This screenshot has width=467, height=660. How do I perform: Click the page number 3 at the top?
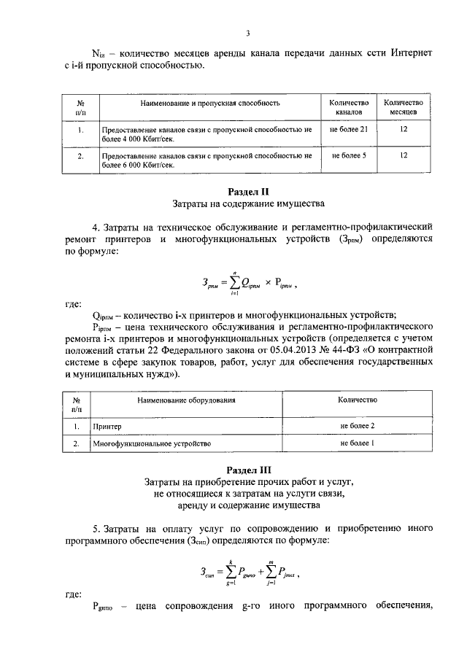point(247,33)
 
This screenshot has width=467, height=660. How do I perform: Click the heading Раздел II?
point(247,191)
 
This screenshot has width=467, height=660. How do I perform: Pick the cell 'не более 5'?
point(348,155)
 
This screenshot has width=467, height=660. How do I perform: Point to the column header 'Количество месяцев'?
point(403,108)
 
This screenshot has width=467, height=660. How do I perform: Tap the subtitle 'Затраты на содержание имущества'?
point(247,203)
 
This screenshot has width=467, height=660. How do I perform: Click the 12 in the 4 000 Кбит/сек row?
point(403,129)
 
